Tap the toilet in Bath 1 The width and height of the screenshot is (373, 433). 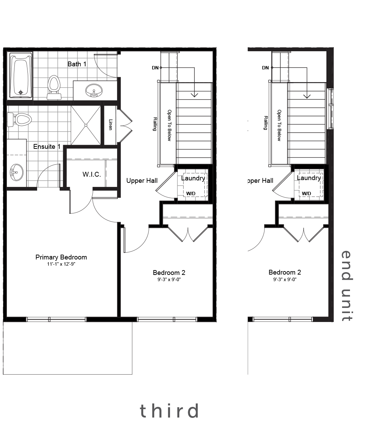[x=54, y=87]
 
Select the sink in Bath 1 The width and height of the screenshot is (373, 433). [x=94, y=90]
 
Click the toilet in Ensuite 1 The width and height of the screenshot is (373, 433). [x=19, y=120]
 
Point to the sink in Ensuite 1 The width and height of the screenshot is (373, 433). [x=16, y=172]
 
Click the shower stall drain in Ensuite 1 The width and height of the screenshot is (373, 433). [x=86, y=125]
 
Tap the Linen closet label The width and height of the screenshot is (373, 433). [x=111, y=125]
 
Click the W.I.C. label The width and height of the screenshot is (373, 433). [x=92, y=174]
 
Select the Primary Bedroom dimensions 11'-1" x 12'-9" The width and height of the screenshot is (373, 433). [x=61, y=264]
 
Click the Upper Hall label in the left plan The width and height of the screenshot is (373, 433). [x=142, y=180]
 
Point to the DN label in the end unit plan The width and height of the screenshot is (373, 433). [x=265, y=68]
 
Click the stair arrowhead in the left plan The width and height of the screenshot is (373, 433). [x=194, y=95]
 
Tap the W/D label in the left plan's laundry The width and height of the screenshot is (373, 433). [x=191, y=193]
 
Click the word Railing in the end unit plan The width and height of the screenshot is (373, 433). [x=265, y=123]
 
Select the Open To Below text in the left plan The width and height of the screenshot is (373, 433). [x=169, y=125]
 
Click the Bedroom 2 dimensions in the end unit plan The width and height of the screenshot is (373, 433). [x=285, y=279]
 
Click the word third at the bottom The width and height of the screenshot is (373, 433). [x=169, y=411]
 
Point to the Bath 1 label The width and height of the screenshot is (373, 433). [x=77, y=64]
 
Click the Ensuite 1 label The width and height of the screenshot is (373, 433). [x=47, y=147]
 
